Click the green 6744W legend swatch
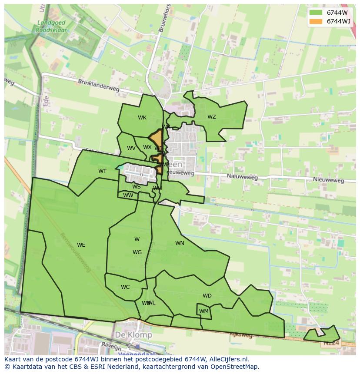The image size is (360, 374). click(x=316, y=13)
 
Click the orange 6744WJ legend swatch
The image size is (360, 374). click(x=316, y=21)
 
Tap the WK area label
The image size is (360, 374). click(x=142, y=118)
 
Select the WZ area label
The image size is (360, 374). click(x=212, y=117)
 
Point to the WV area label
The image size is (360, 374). click(x=131, y=148)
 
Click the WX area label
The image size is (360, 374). click(x=147, y=147)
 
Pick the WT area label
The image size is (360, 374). click(x=102, y=171)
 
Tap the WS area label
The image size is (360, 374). click(x=137, y=187)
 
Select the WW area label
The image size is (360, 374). click(x=128, y=195)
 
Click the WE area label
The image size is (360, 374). click(x=81, y=245)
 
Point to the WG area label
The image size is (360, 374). click(x=137, y=252)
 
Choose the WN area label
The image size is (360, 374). click(x=180, y=243)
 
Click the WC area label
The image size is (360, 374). click(x=125, y=287)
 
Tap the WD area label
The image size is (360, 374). click(x=207, y=296)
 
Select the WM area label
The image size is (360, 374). click(x=204, y=311)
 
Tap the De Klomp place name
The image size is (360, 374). click(x=133, y=335)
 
